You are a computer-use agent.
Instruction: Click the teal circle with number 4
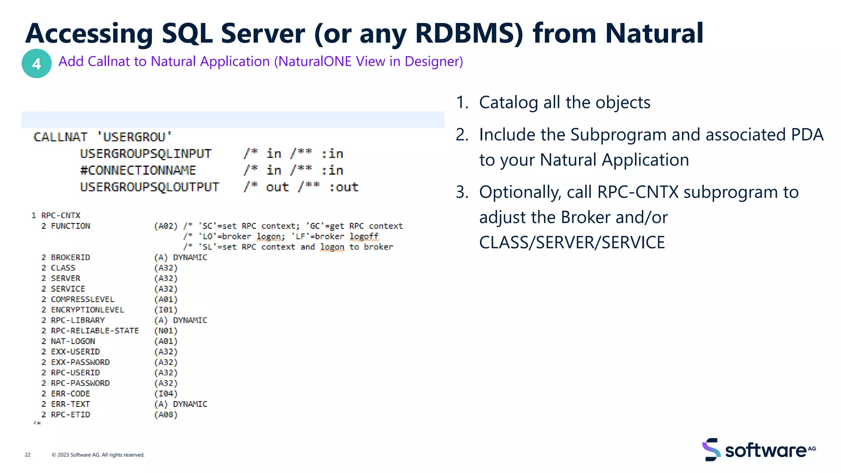click(x=37, y=64)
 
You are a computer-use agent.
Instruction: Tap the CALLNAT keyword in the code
click(x=60, y=137)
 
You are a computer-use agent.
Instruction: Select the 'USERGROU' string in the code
click(x=134, y=137)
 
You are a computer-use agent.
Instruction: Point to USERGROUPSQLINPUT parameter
click(x=145, y=154)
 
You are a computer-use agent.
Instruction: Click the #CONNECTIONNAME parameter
click(x=138, y=170)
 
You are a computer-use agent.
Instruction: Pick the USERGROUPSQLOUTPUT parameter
click(x=149, y=187)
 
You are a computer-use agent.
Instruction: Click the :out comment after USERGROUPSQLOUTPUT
click(x=344, y=187)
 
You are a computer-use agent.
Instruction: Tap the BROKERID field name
click(x=70, y=257)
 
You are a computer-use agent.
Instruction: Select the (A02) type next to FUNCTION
click(x=165, y=226)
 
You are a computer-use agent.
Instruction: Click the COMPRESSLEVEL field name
click(x=82, y=299)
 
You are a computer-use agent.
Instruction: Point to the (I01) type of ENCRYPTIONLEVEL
click(x=165, y=310)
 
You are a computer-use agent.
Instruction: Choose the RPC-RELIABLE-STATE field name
click(x=94, y=331)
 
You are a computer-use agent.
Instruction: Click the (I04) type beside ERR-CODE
click(x=165, y=394)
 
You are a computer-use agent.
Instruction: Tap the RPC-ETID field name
click(x=70, y=415)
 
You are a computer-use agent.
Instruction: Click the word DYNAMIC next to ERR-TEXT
click(x=190, y=404)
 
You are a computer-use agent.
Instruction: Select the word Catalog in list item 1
click(x=508, y=103)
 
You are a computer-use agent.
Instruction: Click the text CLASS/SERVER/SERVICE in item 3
click(x=572, y=243)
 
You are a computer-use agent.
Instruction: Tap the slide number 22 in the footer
click(x=28, y=455)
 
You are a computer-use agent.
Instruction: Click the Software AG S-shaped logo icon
click(x=711, y=450)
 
